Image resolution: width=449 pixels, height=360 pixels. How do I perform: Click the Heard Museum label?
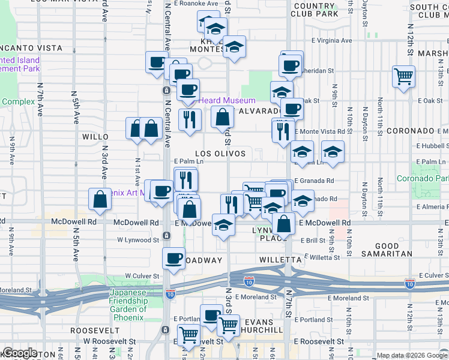pos(227,100)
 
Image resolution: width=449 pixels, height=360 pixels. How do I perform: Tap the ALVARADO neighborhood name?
pos(260,112)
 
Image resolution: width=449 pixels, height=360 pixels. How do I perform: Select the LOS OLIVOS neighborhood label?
pos(220,154)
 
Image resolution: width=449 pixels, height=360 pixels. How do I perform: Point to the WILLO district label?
pos(95,137)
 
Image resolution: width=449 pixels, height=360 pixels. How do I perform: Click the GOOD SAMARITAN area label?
pos(387,250)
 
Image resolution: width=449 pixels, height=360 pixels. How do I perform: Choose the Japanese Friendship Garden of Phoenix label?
pos(128,305)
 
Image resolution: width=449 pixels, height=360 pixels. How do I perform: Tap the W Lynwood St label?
pos(138,239)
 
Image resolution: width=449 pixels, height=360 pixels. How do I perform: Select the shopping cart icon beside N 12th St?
pos(403,76)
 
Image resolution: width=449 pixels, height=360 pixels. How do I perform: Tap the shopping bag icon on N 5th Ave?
pos(99,200)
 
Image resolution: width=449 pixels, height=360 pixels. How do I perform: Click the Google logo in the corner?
pos(20,353)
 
